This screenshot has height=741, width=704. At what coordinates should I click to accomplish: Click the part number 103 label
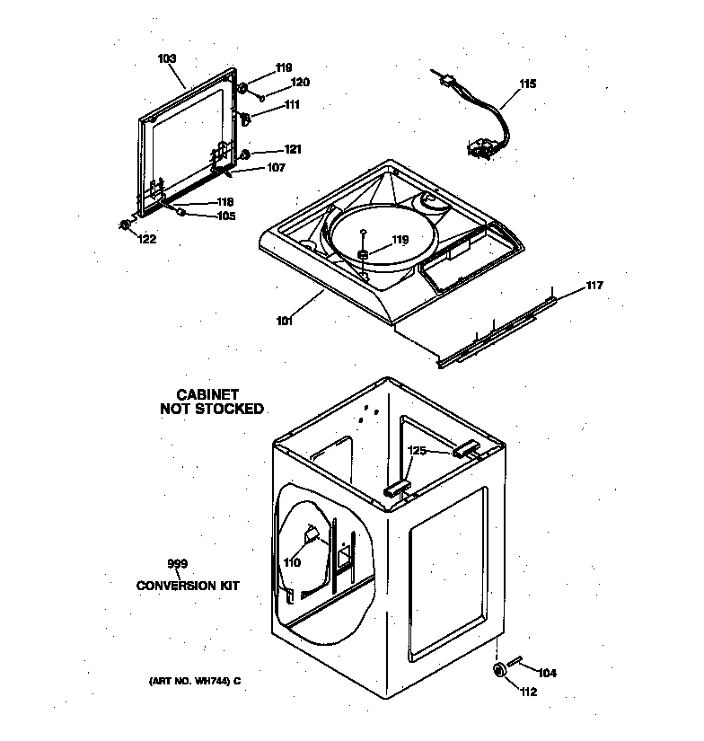click(x=167, y=58)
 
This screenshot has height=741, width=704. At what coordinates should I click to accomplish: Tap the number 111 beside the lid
click(x=292, y=105)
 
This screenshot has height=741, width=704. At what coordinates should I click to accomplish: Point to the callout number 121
click(x=293, y=149)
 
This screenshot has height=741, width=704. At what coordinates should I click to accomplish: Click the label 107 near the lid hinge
click(x=276, y=167)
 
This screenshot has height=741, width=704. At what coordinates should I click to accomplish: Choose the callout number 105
click(x=224, y=216)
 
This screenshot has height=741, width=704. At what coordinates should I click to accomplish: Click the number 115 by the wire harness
click(x=527, y=84)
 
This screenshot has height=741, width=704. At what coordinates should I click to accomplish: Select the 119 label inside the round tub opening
click(x=400, y=240)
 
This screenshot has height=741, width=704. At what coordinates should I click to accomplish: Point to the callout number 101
click(x=285, y=321)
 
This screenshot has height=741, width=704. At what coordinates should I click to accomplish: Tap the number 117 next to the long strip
click(x=594, y=286)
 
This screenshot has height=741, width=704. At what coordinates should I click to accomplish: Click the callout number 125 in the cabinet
click(x=418, y=451)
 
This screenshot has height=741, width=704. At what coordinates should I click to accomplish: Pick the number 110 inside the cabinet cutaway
click(x=291, y=563)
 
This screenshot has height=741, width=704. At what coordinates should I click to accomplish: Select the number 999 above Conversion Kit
click(x=178, y=563)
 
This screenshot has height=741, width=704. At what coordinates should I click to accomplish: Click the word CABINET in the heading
click(x=207, y=394)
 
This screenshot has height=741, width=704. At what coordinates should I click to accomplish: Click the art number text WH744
click(x=214, y=680)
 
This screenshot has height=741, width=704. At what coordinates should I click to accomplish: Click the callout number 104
click(x=547, y=673)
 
